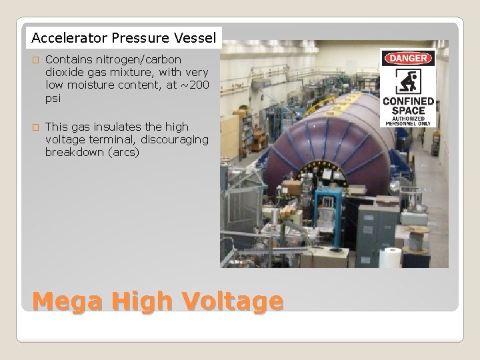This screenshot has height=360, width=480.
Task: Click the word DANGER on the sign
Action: (407, 58)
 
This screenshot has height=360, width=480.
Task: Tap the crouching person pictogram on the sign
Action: (407, 81)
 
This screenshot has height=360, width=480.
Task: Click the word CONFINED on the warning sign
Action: (407, 101)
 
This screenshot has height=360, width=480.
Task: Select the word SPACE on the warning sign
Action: (407, 111)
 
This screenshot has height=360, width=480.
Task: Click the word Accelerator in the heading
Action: (61, 37)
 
